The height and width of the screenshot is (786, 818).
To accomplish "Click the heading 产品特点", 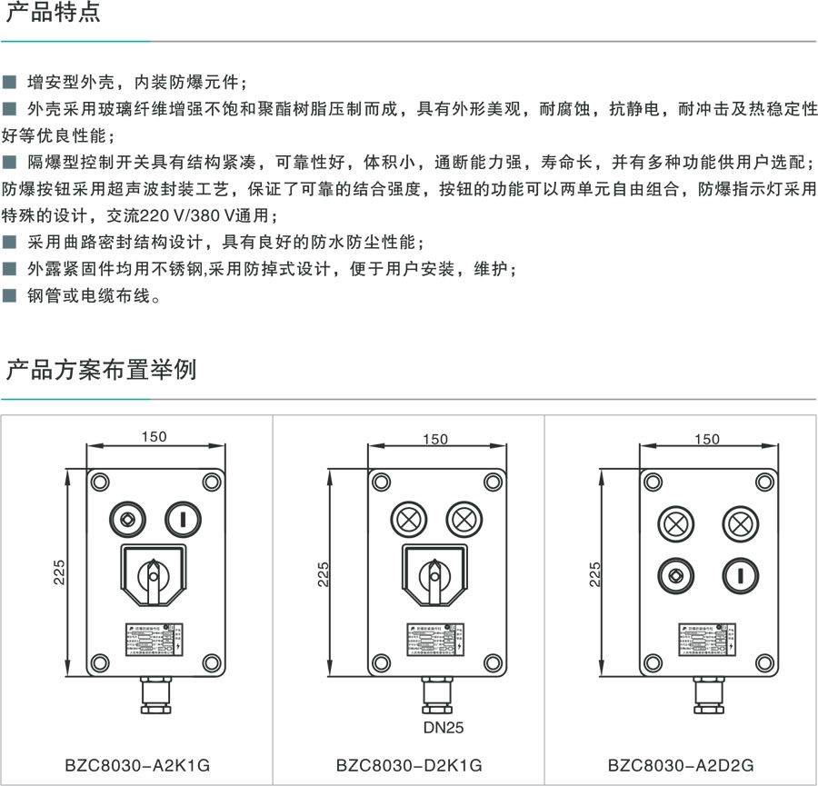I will [x=54, y=15].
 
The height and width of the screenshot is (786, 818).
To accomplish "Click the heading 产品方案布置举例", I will [x=101, y=371].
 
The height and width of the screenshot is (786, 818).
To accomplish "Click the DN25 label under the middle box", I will [x=440, y=727].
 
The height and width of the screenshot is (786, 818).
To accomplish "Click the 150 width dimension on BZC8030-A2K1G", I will [x=154, y=436].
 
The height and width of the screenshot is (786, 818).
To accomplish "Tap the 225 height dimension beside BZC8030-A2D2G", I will [x=595, y=573].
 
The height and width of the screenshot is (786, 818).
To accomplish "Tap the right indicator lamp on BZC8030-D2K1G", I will [x=464, y=520].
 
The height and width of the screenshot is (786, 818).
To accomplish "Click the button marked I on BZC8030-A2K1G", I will [x=182, y=520].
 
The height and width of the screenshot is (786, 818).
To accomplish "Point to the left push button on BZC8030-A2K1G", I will [x=126, y=520].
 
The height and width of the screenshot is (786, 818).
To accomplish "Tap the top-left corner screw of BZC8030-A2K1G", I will [x=99, y=482].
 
